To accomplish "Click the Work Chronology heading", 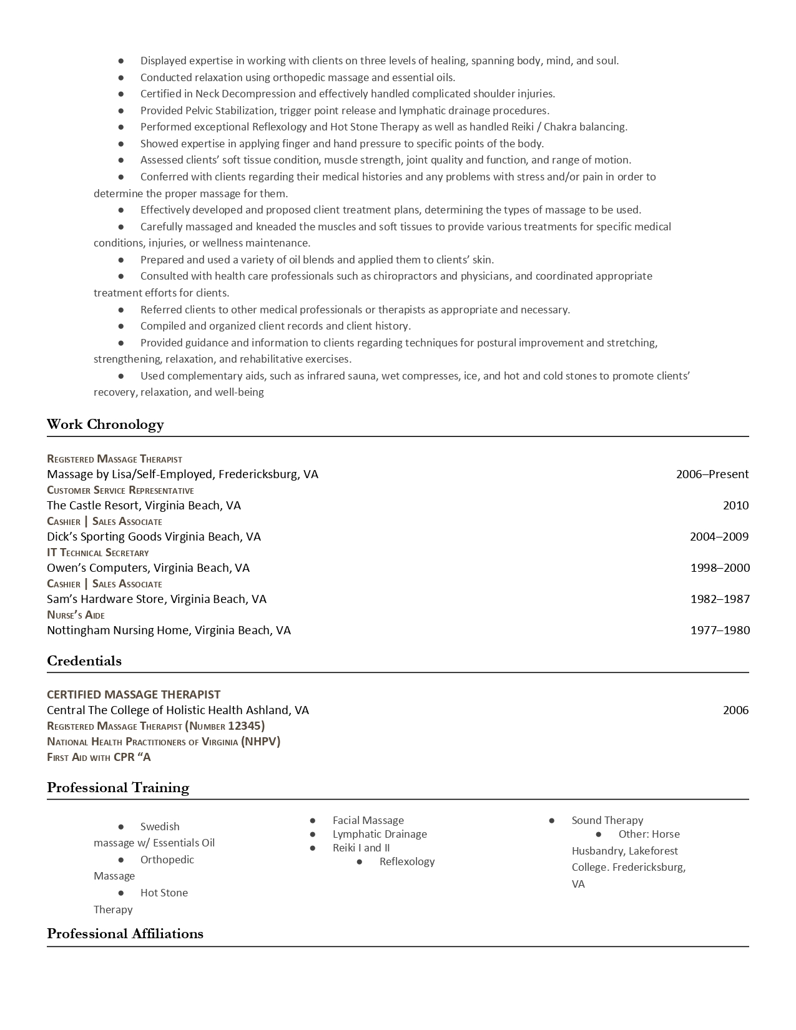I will point(105,424).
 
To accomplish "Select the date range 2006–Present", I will point(712,474).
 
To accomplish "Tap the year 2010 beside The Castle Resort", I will point(735,506).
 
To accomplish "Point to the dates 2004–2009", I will point(719,537).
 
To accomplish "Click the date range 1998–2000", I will point(719,568).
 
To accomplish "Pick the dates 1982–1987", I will point(719,599).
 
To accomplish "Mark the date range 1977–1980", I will point(719,630).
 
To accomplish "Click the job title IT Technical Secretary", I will point(98,552).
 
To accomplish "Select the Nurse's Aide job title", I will point(76,615).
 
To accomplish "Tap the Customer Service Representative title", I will point(120,490).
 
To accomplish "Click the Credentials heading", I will point(84,661).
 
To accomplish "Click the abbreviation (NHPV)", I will point(261,742).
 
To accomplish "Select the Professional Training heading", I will point(118,788).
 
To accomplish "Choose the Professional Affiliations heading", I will point(125,934).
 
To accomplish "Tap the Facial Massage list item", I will point(368,820).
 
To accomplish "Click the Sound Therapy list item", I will point(607,820).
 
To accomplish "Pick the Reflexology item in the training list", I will point(406,861).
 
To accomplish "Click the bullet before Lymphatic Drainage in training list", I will point(313,834).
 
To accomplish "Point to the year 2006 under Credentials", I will point(735,710).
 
